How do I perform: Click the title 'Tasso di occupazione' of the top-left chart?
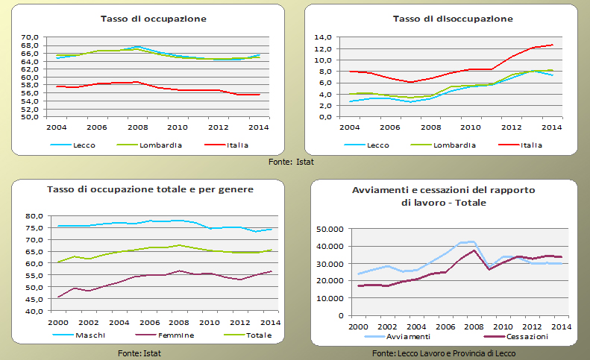154,18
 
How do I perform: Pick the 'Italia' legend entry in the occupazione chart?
237,145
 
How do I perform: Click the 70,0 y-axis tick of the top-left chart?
30,38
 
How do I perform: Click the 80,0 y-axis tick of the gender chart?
34,216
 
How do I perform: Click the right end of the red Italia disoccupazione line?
553,45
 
